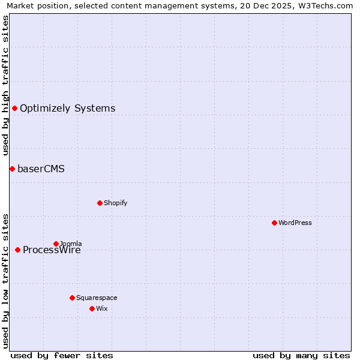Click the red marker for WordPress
(x=274, y=223)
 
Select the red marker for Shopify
(x=100, y=203)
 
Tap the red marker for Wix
(x=92, y=308)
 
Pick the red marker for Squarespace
(x=72, y=298)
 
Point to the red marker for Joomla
(x=56, y=244)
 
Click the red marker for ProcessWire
(x=17, y=250)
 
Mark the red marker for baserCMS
(x=12, y=169)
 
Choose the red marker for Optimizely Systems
(x=14, y=108)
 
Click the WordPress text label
(x=295, y=223)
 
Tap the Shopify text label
(x=116, y=203)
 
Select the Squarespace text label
(x=97, y=298)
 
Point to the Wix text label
(x=101, y=308)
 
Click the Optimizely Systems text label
(x=68, y=109)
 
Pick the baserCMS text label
(x=41, y=169)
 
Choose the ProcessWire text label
(x=52, y=250)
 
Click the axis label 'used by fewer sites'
(x=62, y=355)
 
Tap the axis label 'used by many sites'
(x=301, y=355)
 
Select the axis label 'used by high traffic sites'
(x=5, y=85)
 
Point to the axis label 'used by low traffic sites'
(x=5, y=280)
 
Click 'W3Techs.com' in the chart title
(x=325, y=5)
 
